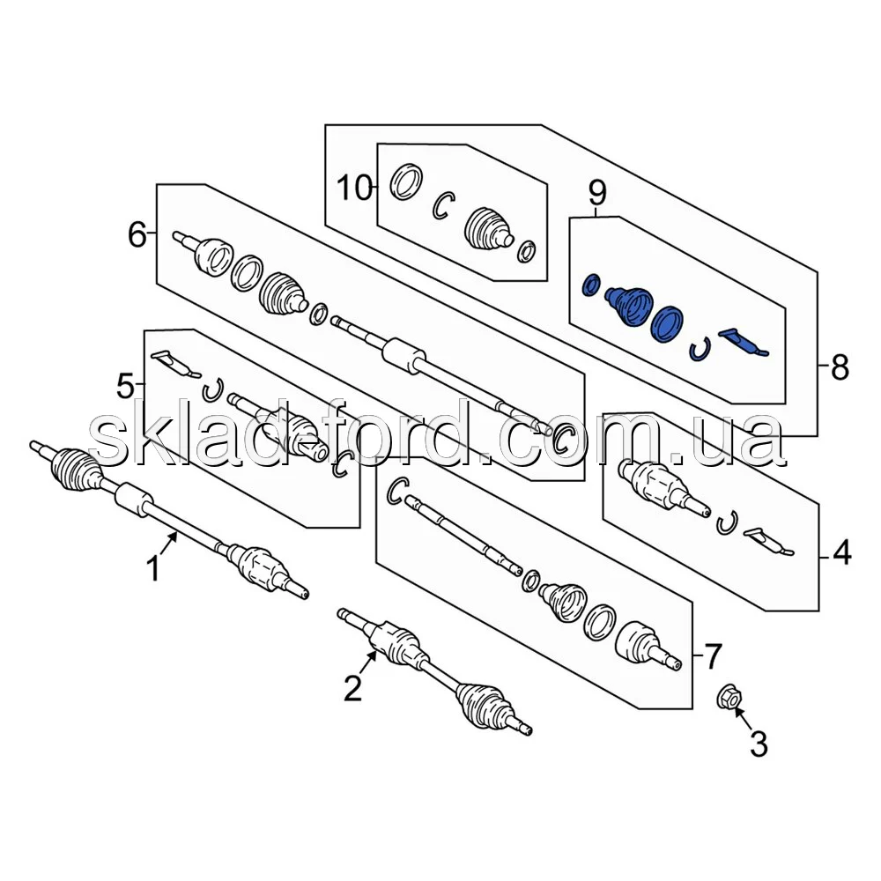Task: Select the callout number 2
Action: pyautogui.click(x=352, y=688)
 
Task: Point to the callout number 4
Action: pyautogui.click(x=842, y=554)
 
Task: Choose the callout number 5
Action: pyautogui.click(x=127, y=385)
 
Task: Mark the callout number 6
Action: pyautogui.click(x=137, y=234)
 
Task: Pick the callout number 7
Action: pyautogui.click(x=711, y=655)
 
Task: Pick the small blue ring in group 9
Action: pyautogui.click(x=591, y=285)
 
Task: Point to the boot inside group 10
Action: pyautogui.click(x=487, y=228)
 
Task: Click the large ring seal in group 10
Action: pyautogui.click(x=406, y=181)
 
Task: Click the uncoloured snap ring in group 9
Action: pyautogui.click(x=700, y=351)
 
